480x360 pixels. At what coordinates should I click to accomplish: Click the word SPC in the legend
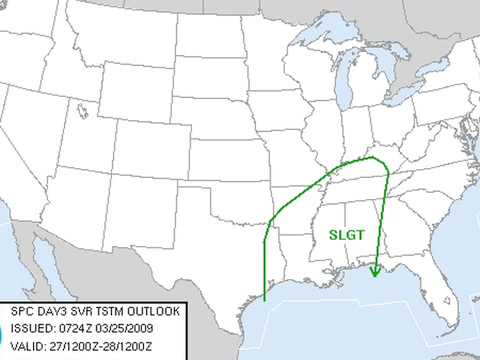click(20, 311)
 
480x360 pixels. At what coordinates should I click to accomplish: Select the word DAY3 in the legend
click(50, 311)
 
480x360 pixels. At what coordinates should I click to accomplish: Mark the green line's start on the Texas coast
click(264, 298)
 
